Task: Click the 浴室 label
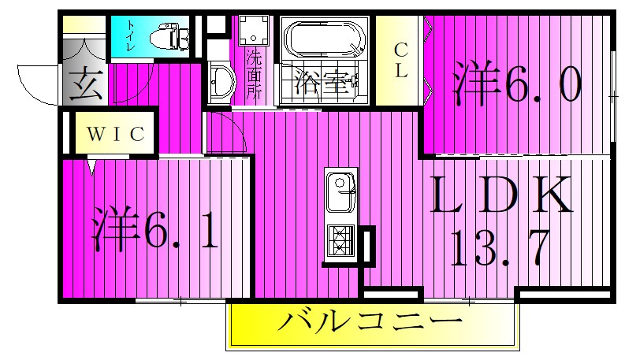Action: pyautogui.click(x=321, y=82)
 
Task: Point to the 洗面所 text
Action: pyautogui.click(x=254, y=74)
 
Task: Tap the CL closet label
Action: pyautogui.click(x=400, y=60)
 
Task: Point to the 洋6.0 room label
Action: pyautogui.click(x=517, y=85)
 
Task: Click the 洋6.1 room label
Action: pyautogui.click(x=155, y=228)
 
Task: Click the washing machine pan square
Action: pyautogui.click(x=255, y=32)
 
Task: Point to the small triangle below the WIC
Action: pyautogui.click(x=93, y=168)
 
